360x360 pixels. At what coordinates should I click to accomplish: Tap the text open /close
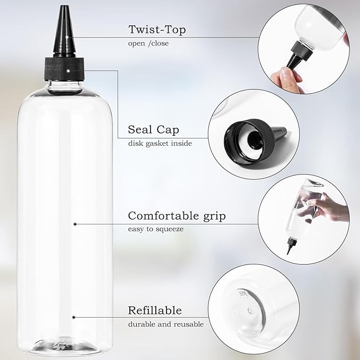pyautogui.click(x=148, y=43)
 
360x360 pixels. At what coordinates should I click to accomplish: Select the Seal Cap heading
pyautogui.click(x=153, y=129)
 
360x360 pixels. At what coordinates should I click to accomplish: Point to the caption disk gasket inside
pyautogui.click(x=160, y=143)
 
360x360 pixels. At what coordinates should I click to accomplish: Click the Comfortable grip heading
pyautogui.click(x=177, y=216)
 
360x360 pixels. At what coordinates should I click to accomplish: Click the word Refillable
pyautogui.click(x=155, y=310)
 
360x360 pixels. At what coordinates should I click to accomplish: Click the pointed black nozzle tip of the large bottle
pyautogui.click(x=64, y=16)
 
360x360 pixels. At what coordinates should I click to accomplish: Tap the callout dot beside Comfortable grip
pyautogui.click(x=75, y=224)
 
